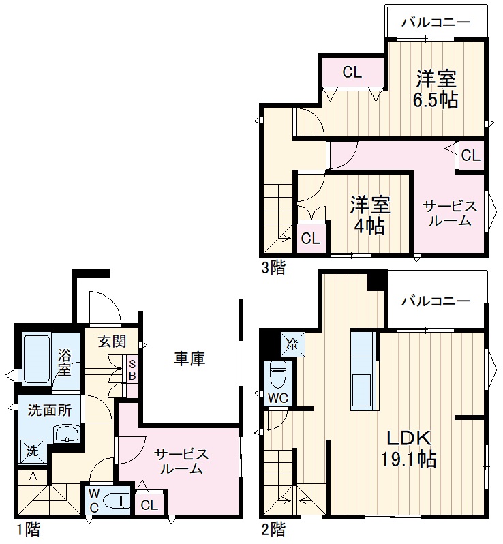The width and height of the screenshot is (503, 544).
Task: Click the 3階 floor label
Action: [x=273, y=267]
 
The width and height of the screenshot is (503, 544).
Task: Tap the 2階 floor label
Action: [x=273, y=528]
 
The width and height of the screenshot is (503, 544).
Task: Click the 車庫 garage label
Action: [x=189, y=358]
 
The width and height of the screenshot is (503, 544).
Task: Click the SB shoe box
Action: [x=132, y=369]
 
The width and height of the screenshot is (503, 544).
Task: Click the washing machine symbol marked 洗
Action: [x=32, y=450]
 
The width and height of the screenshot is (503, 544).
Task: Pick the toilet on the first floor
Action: [x=115, y=502]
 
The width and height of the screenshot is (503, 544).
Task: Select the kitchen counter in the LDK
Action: [x=363, y=371]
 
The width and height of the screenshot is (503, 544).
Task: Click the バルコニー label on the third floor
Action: [x=436, y=22]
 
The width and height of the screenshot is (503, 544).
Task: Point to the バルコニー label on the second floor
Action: [x=436, y=301]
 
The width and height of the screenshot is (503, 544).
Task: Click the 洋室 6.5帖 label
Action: [x=436, y=89]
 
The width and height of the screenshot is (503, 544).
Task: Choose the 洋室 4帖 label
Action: [x=370, y=213]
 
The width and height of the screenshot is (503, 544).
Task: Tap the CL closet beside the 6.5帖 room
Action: [x=352, y=73]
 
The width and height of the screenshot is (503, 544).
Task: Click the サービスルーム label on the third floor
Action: [x=446, y=213]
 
